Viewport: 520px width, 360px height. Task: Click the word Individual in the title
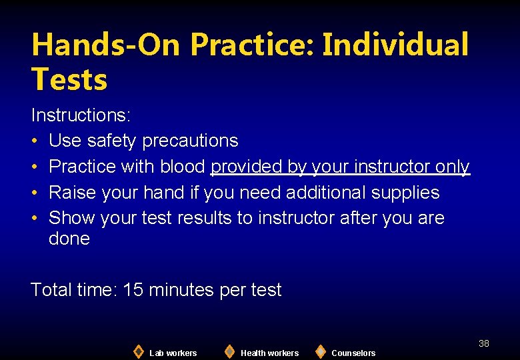point(395,45)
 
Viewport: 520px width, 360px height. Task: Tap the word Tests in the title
point(69,79)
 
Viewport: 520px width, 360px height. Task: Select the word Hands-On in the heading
point(106,45)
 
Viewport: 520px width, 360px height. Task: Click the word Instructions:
point(81,115)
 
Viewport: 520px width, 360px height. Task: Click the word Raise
point(73,193)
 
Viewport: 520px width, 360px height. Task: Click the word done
point(69,239)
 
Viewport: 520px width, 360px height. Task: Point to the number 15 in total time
point(133,290)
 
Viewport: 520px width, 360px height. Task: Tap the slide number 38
point(483,343)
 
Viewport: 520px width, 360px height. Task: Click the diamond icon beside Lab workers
point(138,351)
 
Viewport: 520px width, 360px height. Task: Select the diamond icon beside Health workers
point(229,351)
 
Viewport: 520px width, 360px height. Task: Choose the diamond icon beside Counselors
point(320,351)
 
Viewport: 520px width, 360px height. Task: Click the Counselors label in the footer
point(353,353)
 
